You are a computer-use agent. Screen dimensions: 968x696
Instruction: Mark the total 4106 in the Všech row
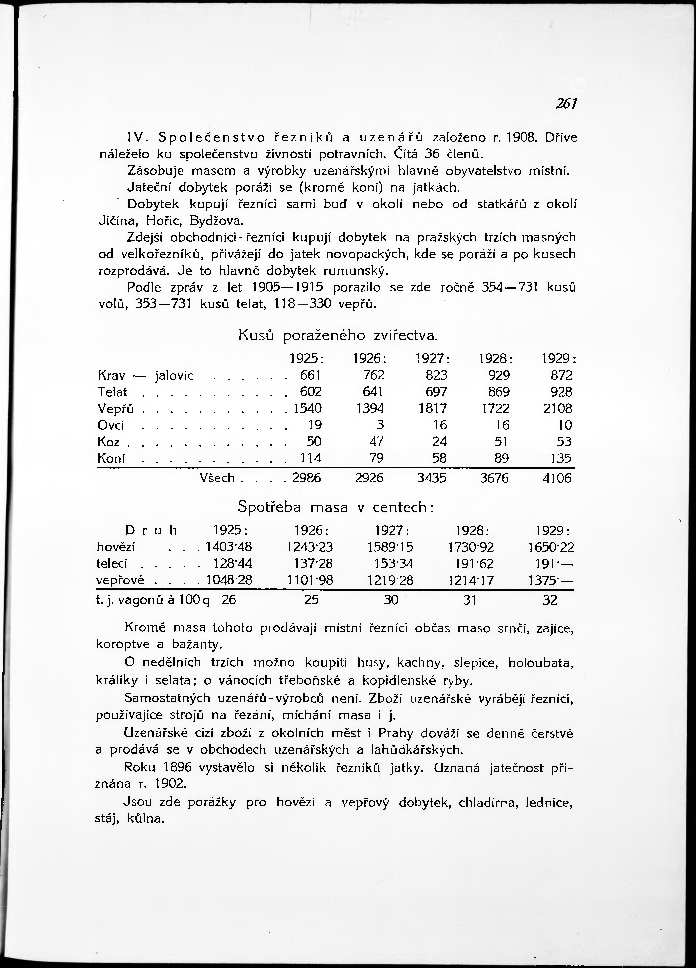pos(557,478)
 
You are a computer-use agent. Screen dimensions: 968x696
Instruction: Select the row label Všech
pos(217,478)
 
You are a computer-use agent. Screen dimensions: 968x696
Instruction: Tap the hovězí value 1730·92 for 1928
pos(475,548)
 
